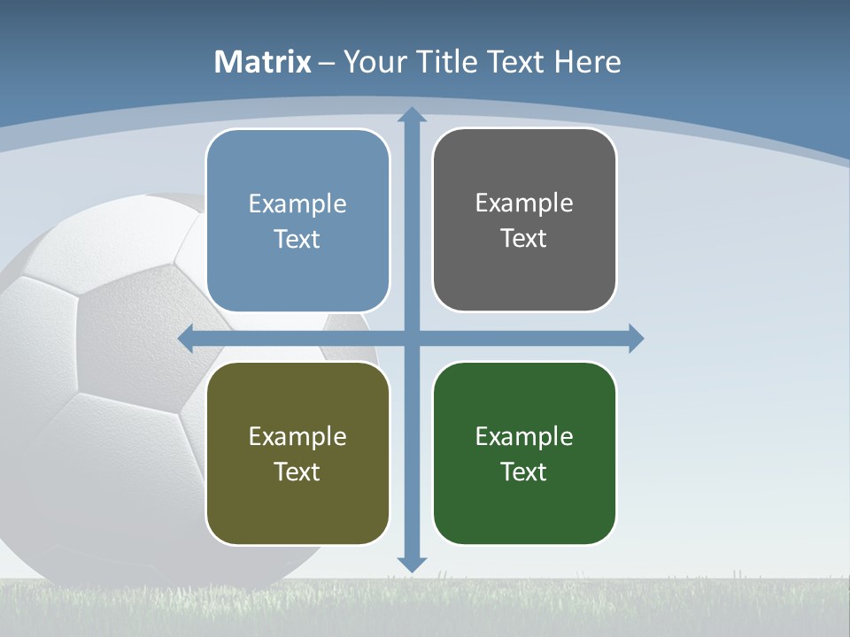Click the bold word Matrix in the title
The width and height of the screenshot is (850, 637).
[262, 62]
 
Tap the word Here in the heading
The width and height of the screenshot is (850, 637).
[587, 62]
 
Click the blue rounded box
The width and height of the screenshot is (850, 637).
[297, 221]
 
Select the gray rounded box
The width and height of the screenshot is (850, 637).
[524, 220]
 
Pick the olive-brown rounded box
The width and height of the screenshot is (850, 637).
[297, 453]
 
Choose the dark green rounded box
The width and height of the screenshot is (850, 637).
[524, 453]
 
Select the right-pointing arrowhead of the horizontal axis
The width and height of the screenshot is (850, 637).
[636, 338]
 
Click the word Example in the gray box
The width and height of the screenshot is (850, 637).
[524, 203]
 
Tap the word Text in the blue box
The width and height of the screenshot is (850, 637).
[297, 240]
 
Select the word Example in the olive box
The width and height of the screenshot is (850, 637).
[297, 436]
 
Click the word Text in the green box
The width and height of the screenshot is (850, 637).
[523, 472]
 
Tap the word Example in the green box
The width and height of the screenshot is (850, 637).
[524, 436]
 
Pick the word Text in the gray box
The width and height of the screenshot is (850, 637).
[523, 239]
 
